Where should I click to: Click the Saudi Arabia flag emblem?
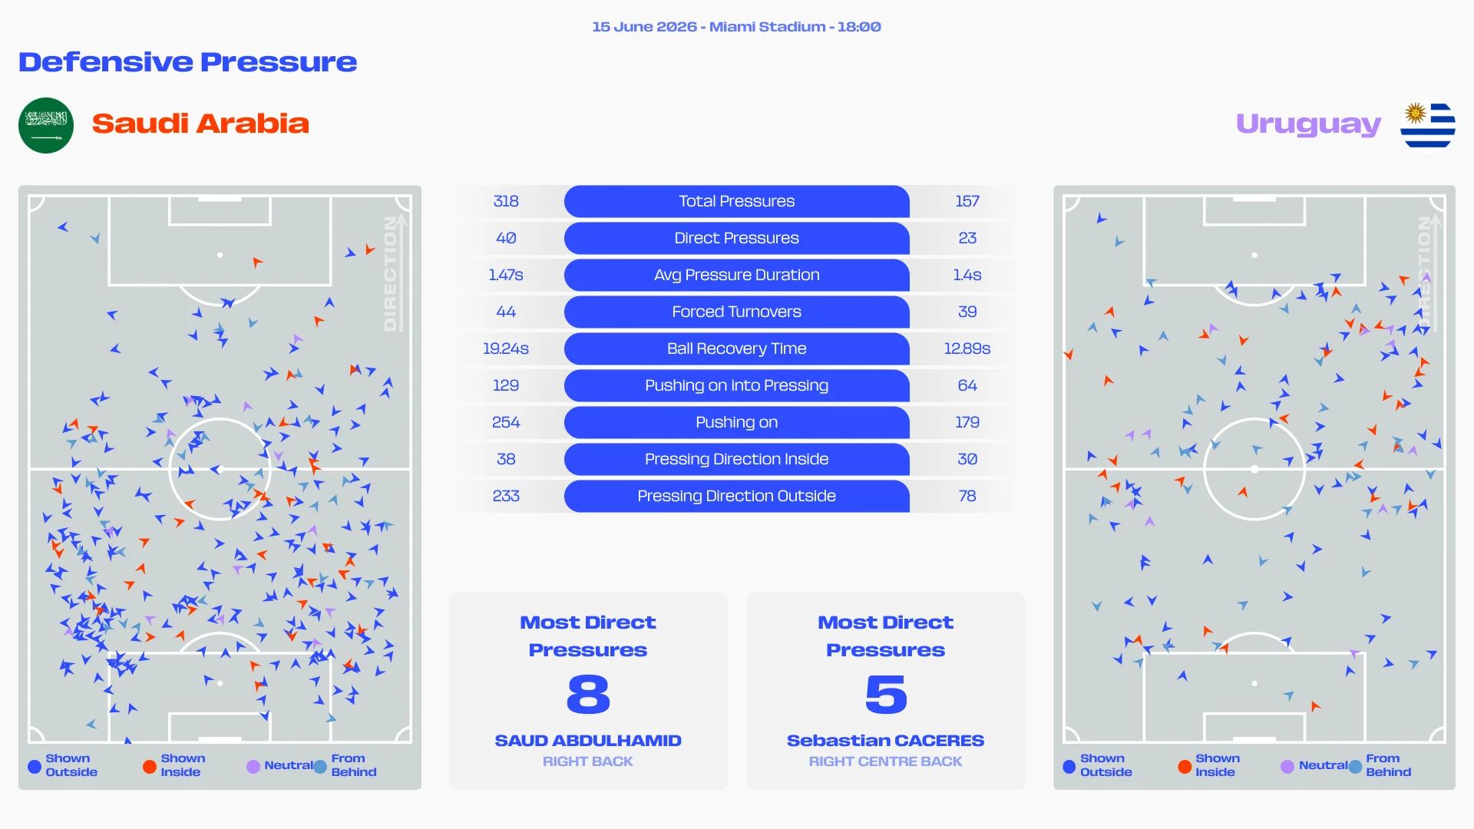point(46,125)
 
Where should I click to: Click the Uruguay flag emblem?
point(1428,125)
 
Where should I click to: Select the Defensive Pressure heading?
point(188,62)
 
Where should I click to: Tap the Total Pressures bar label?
point(737,201)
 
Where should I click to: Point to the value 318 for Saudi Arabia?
point(506,201)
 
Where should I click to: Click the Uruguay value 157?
point(967,201)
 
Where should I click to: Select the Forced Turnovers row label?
point(737,312)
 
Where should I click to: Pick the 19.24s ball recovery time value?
point(506,348)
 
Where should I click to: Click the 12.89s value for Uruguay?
point(967,348)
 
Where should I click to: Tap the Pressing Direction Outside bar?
point(737,496)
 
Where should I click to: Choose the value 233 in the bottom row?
point(506,496)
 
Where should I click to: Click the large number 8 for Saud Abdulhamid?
point(588,695)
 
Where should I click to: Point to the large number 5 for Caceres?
point(886,695)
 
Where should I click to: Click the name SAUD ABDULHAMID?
point(588,741)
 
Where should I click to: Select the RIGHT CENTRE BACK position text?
point(885,761)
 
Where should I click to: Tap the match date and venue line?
point(737,27)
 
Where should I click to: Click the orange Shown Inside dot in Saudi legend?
point(150,766)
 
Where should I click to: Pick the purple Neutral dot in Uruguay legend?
point(1287,766)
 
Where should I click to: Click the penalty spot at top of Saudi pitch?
point(220,255)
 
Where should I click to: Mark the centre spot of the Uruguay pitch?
point(1254,469)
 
